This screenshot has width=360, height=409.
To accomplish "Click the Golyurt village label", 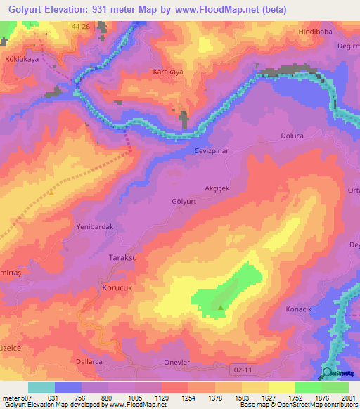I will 184,201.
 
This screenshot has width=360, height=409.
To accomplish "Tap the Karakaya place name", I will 168,72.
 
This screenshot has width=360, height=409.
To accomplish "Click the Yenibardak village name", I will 95,227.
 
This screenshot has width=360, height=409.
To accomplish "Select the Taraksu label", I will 123,258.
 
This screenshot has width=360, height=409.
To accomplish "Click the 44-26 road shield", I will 80,26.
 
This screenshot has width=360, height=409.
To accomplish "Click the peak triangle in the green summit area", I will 221,307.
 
